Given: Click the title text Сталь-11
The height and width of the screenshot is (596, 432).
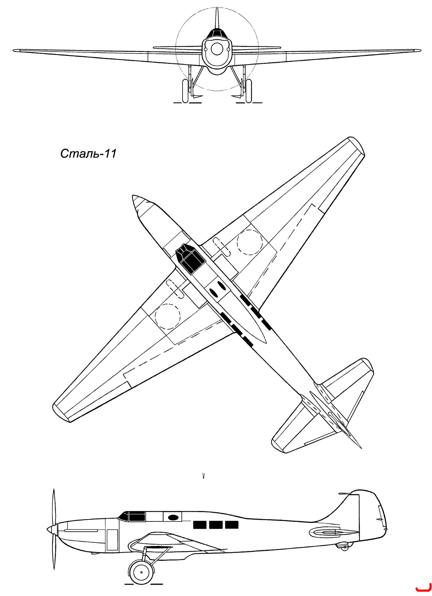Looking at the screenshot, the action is pyautogui.click(x=88, y=154).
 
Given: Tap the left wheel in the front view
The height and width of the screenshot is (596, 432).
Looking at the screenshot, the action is pyautogui.click(x=185, y=90).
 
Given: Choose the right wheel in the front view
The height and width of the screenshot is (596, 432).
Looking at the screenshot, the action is pyautogui.click(x=248, y=90).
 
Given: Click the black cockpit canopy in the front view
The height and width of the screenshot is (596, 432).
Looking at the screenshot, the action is pyautogui.click(x=216, y=34).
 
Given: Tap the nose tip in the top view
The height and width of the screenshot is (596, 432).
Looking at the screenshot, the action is pyautogui.click(x=133, y=197).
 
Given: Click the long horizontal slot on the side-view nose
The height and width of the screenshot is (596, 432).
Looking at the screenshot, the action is pyautogui.click(x=81, y=530).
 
